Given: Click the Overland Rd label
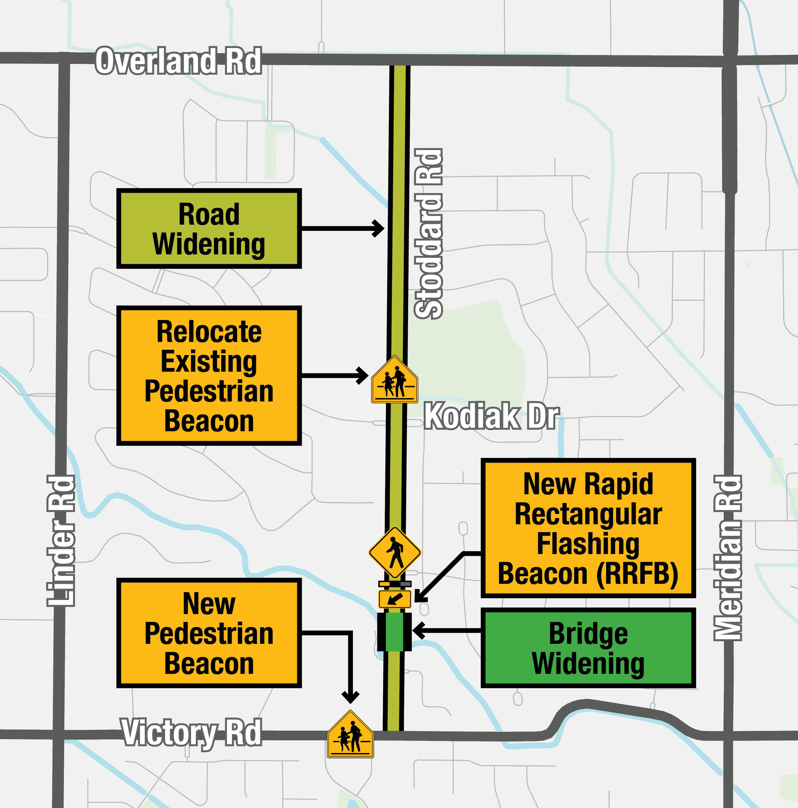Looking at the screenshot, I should click(178, 61).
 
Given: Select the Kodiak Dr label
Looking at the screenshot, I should click(492, 416).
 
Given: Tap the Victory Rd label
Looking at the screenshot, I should click(192, 732).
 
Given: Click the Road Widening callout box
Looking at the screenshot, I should click(209, 229).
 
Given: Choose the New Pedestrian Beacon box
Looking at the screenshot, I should click(209, 633).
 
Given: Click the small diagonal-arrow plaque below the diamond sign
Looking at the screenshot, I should click(395, 599).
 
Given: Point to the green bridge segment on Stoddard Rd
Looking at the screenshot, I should click(394, 632).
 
